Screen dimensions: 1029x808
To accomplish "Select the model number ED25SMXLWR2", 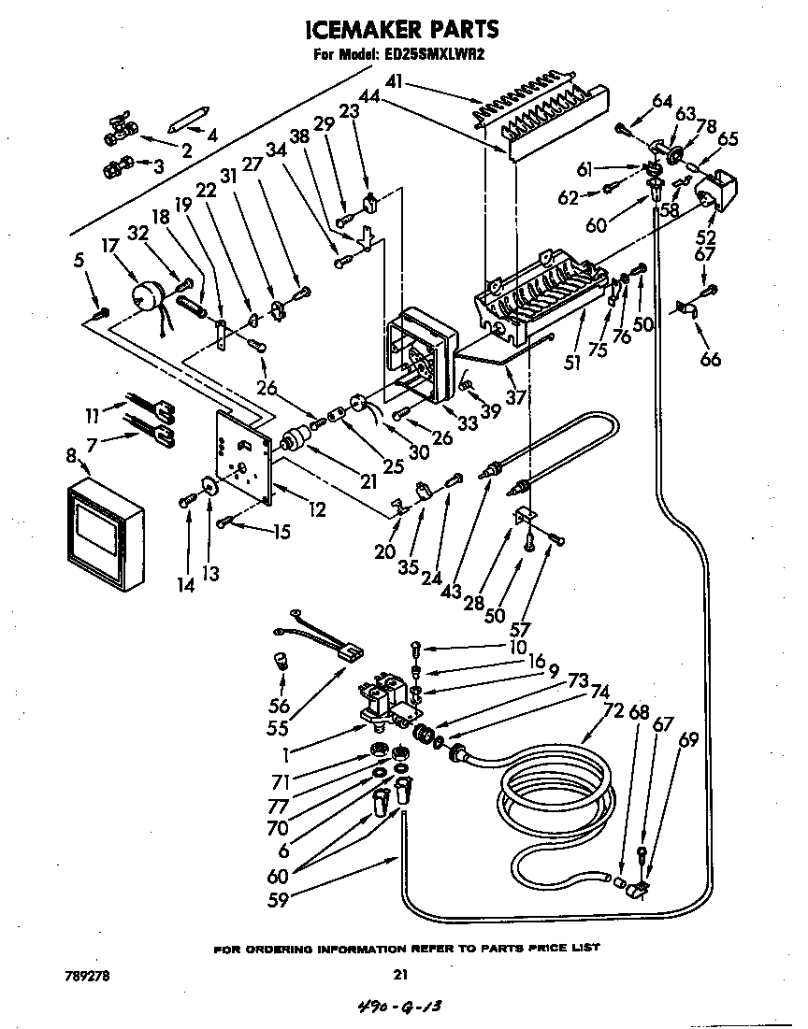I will (432, 54).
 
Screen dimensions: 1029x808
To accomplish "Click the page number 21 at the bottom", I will (400, 974).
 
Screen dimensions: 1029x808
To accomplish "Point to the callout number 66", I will (711, 358).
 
